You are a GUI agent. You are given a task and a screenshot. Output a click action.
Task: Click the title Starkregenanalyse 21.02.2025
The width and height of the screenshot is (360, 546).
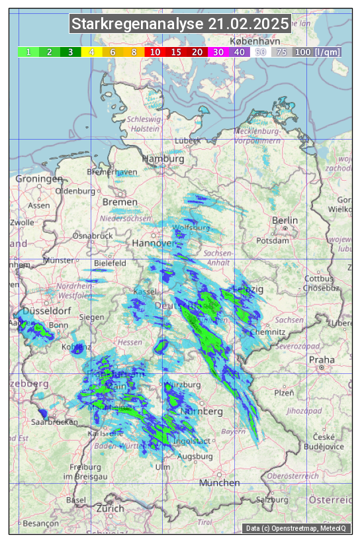click(x=180, y=24)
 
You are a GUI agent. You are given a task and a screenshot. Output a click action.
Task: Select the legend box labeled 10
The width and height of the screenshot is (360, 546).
click(x=155, y=52)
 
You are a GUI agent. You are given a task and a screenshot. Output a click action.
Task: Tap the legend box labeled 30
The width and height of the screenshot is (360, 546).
click(x=218, y=52)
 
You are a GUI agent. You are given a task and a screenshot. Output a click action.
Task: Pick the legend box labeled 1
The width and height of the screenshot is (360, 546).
click(x=28, y=52)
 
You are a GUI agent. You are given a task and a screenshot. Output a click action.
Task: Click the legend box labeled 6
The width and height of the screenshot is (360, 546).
click(x=112, y=52)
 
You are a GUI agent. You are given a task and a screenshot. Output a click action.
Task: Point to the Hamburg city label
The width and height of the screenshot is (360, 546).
click(x=163, y=159)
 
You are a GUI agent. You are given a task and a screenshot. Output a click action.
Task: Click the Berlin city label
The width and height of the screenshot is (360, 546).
click(x=285, y=220)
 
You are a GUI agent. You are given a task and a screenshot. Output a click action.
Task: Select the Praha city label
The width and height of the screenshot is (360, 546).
click(x=322, y=360)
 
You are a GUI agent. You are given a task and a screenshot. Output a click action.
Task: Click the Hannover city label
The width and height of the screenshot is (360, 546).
click(x=152, y=243)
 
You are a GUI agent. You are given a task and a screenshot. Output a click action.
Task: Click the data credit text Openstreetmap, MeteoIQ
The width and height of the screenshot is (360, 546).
click(x=296, y=528)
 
